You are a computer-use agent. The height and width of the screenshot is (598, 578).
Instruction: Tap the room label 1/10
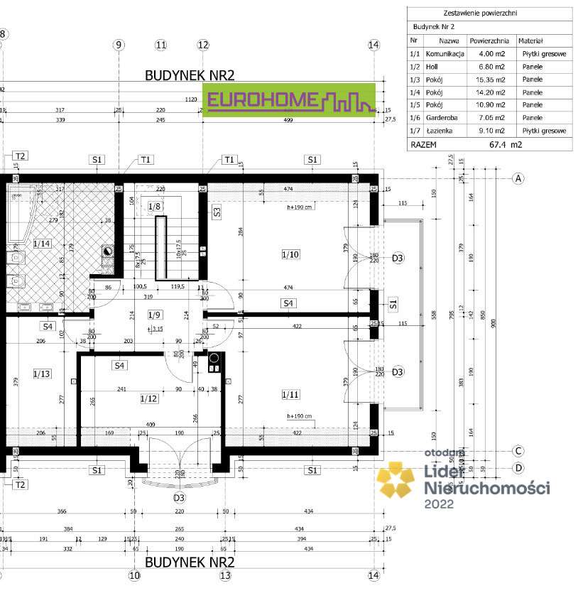tap(290, 254)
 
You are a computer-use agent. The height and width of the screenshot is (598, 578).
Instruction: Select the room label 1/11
tap(290, 394)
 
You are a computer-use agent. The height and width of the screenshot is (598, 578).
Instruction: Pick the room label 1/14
tap(41, 244)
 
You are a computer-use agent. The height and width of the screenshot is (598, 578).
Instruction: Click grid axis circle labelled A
tap(519, 178)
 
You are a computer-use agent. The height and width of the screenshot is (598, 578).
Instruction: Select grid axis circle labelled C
tap(519, 451)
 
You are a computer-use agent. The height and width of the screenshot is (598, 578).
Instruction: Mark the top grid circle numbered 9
tap(119, 45)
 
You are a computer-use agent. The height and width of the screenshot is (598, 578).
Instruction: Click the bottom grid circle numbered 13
tap(225, 576)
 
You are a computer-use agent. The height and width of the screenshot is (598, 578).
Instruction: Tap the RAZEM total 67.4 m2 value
tap(505, 144)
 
